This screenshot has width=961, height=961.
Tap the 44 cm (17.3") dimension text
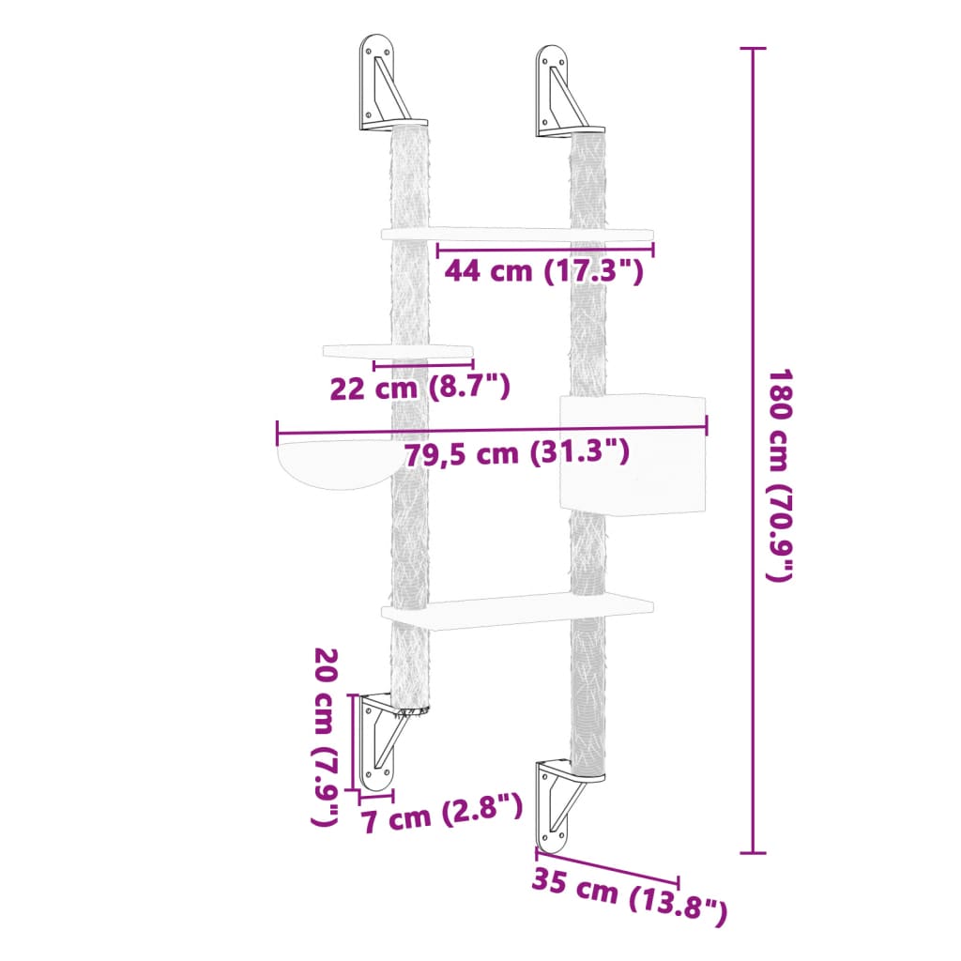tap(543, 271)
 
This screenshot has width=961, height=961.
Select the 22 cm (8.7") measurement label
tap(419, 386)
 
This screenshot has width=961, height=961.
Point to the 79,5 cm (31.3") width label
tap(516, 453)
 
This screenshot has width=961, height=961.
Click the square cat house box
tap(631, 454)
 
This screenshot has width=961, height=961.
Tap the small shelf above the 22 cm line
tap(397, 351)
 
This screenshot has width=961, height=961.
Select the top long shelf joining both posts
tap(517, 233)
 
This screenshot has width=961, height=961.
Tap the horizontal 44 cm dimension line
tap(545, 250)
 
